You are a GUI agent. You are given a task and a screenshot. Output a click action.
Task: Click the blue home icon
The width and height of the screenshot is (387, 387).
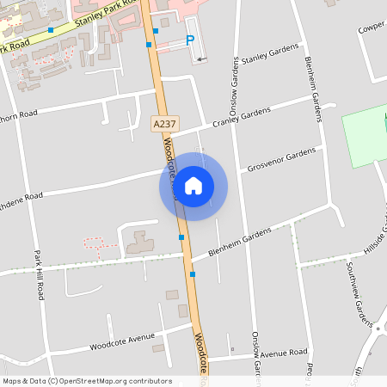pos(193,186)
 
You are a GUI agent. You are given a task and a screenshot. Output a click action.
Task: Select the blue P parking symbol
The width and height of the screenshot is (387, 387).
pos(190,40)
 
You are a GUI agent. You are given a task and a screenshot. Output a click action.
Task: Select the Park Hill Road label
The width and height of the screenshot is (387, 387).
pos(39,274)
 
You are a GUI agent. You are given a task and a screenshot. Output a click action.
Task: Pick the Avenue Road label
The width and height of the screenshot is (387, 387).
pos(284,353)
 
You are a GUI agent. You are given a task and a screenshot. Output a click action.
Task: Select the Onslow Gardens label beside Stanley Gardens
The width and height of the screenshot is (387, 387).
pos(234,86)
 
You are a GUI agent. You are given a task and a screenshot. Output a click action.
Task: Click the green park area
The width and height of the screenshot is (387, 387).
pos(365,136)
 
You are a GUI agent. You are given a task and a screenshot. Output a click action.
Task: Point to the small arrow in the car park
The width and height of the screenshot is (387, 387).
pos(201,58)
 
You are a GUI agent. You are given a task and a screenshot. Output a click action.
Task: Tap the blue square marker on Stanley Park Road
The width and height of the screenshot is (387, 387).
pos(51,30)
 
